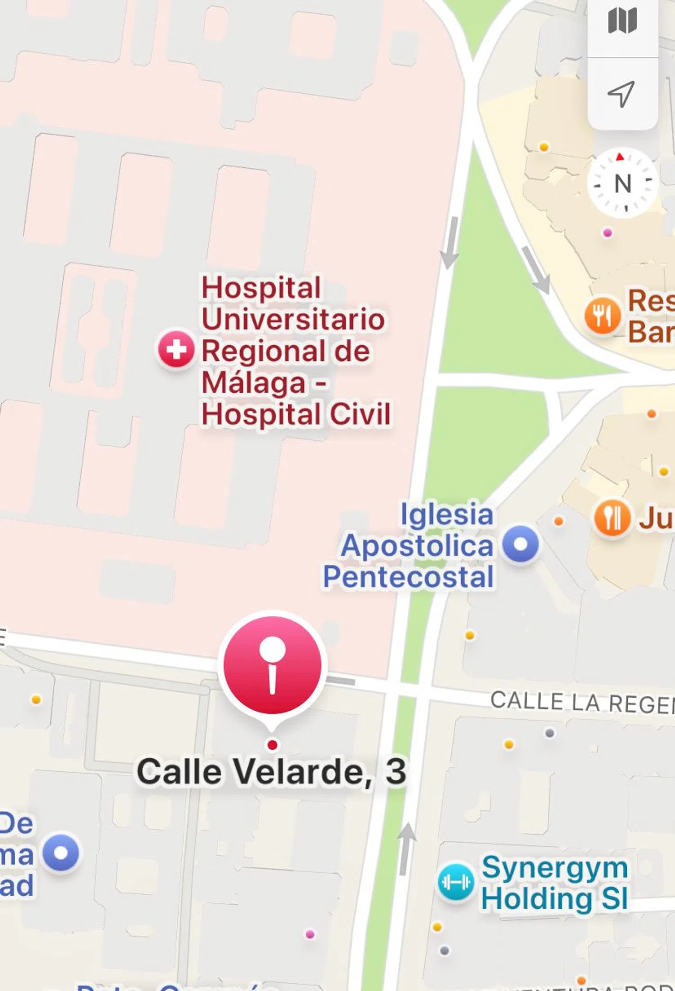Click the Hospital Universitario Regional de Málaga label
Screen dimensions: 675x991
(x=295, y=351)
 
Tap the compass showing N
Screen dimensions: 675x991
(x=622, y=183)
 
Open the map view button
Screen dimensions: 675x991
(x=622, y=21)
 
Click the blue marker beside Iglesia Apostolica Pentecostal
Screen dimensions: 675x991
(x=520, y=544)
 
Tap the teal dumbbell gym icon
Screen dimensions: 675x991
(x=455, y=882)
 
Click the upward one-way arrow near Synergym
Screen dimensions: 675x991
(x=406, y=848)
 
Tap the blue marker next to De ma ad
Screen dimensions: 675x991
(x=61, y=852)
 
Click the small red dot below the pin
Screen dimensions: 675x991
(x=272, y=745)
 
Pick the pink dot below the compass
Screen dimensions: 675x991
(x=607, y=233)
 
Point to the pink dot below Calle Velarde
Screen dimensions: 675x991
(x=310, y=934)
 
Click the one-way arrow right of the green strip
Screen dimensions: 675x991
(x=535, y=269)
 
